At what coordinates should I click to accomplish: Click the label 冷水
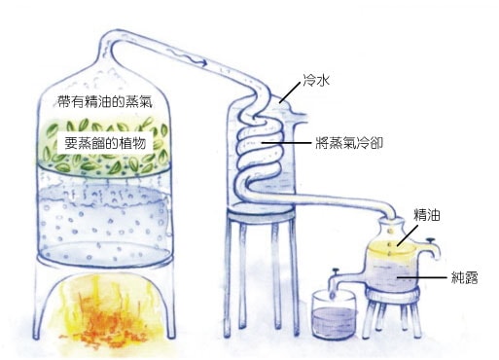click(316, 80)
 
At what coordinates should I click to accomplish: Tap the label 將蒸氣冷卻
click(349, 143)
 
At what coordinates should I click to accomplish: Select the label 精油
click(427, 215)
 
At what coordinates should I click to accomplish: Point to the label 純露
click(465, 277)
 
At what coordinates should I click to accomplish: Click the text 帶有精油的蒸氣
click(105, 101)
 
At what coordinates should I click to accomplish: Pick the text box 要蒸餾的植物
click(105, 143)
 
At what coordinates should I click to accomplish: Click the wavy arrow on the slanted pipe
click(187, 57)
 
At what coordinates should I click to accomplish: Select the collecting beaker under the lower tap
click(334, 314)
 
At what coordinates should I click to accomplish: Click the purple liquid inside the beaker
click(334, 323)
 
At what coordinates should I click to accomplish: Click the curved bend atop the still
click(109, 41)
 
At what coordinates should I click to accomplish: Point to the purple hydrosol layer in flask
click(392, 274)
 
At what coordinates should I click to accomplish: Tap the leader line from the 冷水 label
click(290, 92)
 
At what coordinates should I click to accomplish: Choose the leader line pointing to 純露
click(422, 277)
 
